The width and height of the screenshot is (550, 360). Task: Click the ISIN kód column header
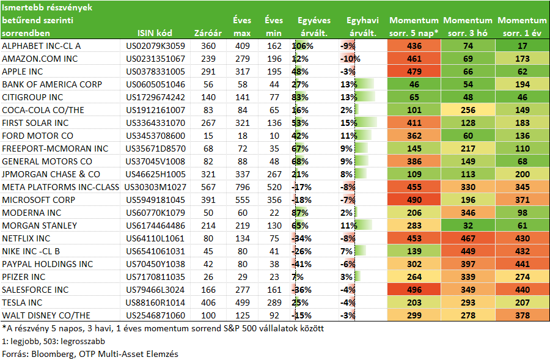tap(155, 33)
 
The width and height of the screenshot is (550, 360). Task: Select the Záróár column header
tap(208, 33)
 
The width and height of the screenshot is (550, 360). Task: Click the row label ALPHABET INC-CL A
tap(42, 46)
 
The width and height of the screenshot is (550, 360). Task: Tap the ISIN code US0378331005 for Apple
tap(155, 72)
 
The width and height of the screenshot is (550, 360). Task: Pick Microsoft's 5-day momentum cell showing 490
tap(414, 200)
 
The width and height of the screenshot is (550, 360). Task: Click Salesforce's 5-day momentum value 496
tap(414, 290)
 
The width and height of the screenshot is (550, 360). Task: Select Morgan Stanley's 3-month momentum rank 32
tap(468, 226)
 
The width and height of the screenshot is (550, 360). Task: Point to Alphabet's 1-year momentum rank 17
tap(522, 46)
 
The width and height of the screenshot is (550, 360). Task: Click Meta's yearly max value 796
tap(243, 187)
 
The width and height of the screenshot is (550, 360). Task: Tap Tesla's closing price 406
tap(208, 303)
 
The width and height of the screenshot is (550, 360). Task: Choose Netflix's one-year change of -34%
tap(302, 238)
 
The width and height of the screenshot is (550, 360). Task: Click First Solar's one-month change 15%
tap(349, 123)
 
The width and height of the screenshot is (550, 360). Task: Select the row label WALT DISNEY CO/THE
tap(46, 315)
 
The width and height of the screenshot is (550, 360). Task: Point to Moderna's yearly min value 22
tap(274, 213)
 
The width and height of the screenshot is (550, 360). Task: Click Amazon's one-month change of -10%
tap(350, 59)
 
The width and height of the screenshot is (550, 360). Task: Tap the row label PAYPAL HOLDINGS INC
tap(47, 264)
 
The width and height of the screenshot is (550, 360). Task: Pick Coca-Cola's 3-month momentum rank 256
tap(468, 110)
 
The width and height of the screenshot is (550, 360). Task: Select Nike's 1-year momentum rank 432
tap(522, 251)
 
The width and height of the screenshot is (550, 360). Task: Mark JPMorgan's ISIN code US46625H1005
tap(155, 174)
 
